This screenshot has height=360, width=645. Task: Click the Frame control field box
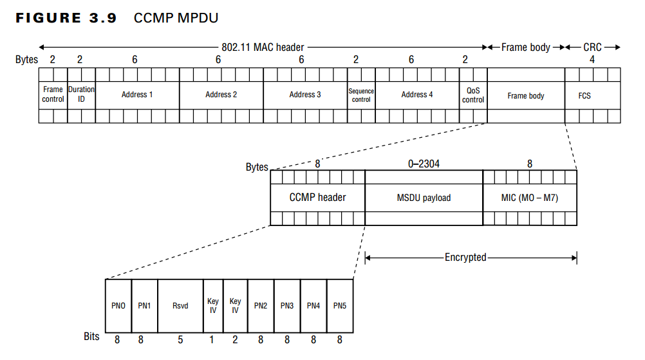click(53, 95)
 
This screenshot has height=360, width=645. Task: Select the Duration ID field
click(81, 95)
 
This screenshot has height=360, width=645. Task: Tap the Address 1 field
click(137, 95)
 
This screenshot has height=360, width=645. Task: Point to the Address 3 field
click(305, 95)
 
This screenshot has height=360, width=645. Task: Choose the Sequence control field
click(361, 95)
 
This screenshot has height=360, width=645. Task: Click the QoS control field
click(473, 95)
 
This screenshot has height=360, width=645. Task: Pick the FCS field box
click(584, 95)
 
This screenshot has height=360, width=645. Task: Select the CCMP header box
click(317, 198)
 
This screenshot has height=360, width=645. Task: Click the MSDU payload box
click(424, 198)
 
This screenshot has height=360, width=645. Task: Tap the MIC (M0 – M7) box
click(530, 198)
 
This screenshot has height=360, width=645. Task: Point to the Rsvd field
click(180, 305)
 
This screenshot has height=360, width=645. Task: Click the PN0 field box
click(118, 305)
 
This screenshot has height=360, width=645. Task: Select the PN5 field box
click(340, 305)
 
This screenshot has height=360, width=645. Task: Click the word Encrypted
click(465, 258)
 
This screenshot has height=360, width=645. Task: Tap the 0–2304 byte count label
click(424, 164)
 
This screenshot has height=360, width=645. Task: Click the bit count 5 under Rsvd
click(180, 339)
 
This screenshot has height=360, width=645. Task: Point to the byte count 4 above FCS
click(592, 60)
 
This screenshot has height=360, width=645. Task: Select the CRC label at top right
click(592, 47)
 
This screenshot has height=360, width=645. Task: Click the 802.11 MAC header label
click(263, 47)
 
